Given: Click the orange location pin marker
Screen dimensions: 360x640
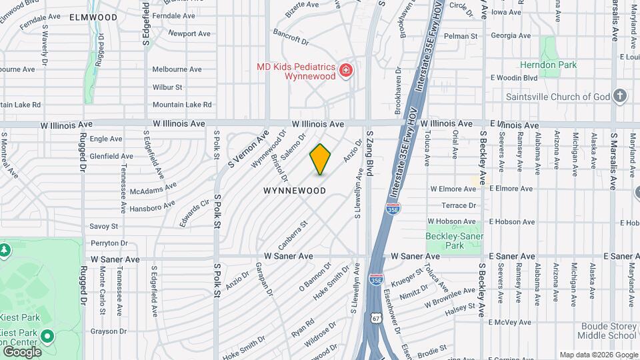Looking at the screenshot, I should tap(320, 159).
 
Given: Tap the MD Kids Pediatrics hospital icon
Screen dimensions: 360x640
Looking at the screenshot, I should tap(346, 70).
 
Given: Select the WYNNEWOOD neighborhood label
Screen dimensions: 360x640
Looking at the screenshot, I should tap(294, 191).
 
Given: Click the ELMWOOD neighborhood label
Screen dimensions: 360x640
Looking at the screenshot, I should tap(93, 17).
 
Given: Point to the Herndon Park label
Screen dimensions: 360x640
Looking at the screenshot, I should tap(548, 65).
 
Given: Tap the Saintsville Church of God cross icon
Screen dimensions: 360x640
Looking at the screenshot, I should tap(620, 96).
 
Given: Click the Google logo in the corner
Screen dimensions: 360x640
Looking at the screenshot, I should tap(21, 351).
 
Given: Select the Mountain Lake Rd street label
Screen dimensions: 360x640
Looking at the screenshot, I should tap(181, 105).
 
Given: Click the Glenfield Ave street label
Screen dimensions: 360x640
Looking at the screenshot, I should tap(111, 156).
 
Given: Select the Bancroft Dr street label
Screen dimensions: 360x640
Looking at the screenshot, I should tap(291, 37).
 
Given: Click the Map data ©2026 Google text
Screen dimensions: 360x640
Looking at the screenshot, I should tap(598, 355).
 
